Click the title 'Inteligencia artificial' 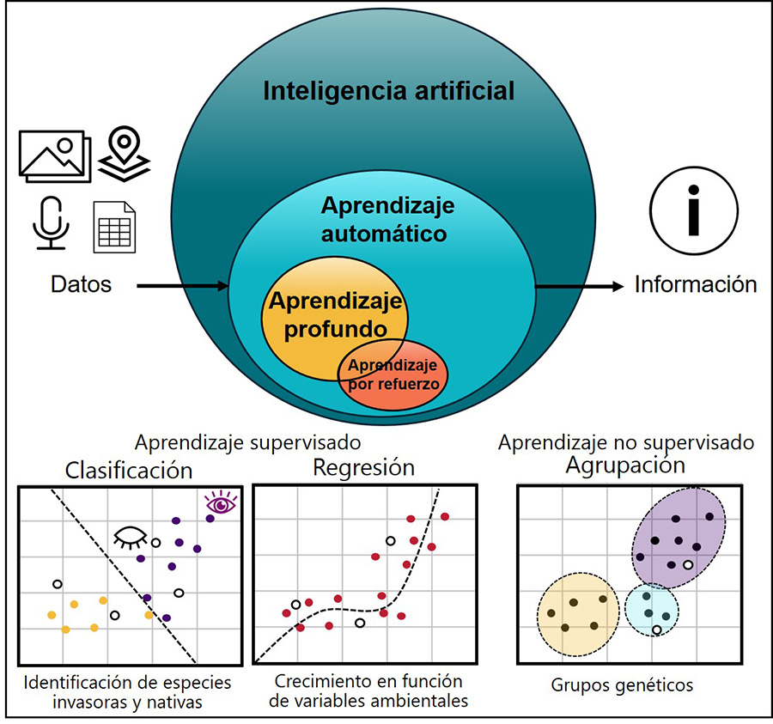tap(388, 91)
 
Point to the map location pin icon tap(124, 153)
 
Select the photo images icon tap(53, 155)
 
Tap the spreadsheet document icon tap(115, 226)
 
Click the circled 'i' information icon tap(694, 210)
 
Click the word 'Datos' tap(81, 285)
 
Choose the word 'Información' tap(696, 285)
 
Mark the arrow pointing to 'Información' tap(580, 286)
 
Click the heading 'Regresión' tap(363, 468)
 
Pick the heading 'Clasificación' tap(129, 471)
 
